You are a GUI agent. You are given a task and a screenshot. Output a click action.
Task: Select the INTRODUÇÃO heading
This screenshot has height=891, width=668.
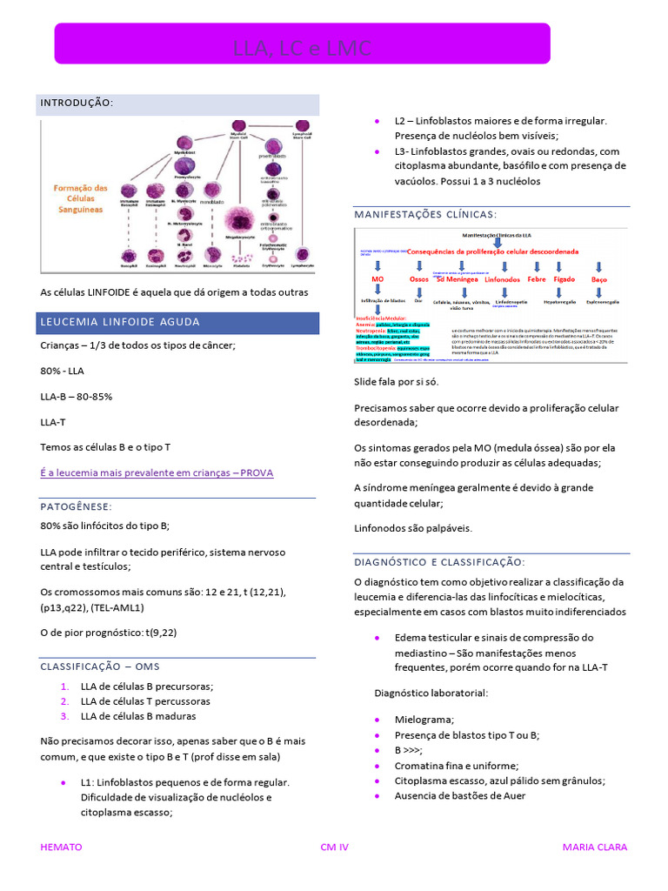[77, 103]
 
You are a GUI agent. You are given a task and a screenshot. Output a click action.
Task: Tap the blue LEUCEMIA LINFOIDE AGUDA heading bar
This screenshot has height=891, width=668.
[120, 322]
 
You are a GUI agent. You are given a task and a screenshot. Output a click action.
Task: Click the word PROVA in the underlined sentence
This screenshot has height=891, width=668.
[258, 472]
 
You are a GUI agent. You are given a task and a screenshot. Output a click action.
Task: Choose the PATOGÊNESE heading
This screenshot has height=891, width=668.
[76, 506]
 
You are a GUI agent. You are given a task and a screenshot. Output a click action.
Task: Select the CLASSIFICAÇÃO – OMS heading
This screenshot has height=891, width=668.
[101, 667]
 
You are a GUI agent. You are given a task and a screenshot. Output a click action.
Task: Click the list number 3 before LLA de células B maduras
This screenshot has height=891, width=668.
[64, 716]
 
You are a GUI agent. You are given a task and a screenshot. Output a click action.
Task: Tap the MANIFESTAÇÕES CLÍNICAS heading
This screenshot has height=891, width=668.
[425, 214]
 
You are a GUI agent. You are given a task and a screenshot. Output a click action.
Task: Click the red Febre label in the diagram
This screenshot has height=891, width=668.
[537, 279]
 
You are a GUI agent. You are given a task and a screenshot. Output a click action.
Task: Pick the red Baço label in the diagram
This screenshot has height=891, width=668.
[599, 279]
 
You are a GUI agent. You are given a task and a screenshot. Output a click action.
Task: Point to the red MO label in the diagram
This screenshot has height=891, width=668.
[377, 279]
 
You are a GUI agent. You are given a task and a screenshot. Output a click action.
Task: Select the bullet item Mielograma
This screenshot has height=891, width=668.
[424, 720]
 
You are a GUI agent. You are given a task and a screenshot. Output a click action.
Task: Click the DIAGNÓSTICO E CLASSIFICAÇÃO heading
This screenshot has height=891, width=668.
[439, 562]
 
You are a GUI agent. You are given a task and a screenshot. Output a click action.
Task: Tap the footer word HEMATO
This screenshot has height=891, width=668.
[62, 847]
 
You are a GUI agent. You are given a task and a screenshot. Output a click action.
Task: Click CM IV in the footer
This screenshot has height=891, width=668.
[334, 847]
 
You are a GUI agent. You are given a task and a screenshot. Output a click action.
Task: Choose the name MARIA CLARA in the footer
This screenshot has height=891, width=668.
[595, 847]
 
